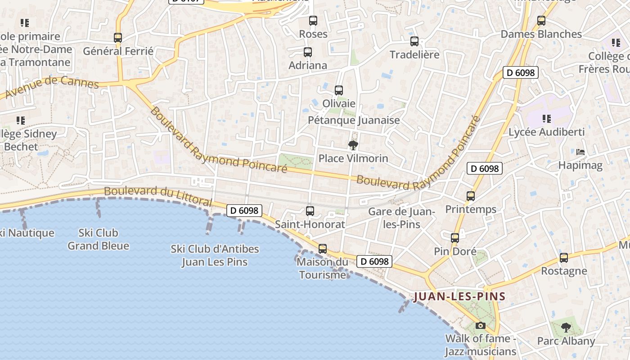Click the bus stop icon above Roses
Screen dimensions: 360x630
pos(313,21)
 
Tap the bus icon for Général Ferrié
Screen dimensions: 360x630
pos(118,38)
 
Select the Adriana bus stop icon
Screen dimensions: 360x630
pos(308,52)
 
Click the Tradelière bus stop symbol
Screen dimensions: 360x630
pos(414,41)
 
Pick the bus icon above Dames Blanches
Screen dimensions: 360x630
pos(541,21)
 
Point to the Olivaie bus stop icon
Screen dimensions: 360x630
pos(339,90)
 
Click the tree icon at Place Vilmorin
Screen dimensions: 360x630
pos(353,145)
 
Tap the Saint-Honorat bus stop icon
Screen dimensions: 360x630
pos(310,211)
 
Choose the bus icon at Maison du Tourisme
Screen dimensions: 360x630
pos(323,249)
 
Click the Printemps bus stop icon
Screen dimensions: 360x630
pos(471,196)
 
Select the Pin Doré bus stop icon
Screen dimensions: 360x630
pos(455,238)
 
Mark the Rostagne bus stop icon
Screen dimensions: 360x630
pos(564,258)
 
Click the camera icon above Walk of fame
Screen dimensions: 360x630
pos(481,325)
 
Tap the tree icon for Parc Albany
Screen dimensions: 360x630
pos(566,327)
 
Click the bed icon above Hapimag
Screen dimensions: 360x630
pos(580,152)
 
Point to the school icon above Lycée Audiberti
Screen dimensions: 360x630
pos(547,119)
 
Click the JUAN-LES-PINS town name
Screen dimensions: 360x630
pos(459,297)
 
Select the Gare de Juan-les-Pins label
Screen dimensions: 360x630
pos(401,218)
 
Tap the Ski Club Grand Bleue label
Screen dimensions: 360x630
pos(98,239)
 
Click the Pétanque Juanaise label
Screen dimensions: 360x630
pos(354,120)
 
